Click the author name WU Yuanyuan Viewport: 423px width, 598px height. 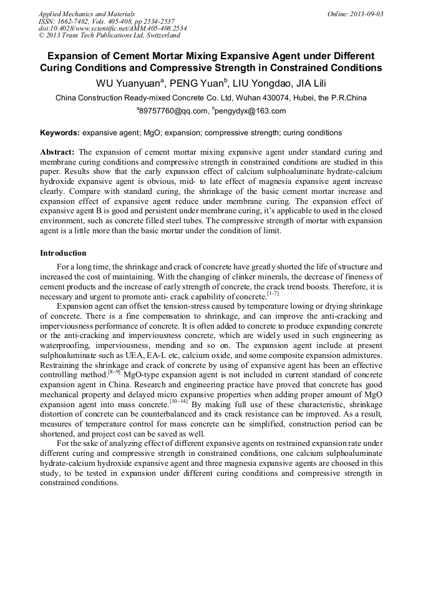coord(129,83)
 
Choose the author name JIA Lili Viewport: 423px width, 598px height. coord(309,83)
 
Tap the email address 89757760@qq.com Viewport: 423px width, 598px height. coord(173,112)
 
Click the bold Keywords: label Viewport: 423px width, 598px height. coord(60,133)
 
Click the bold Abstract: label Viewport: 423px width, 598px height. coord(57,152)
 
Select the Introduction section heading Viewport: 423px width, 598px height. coord(63,253)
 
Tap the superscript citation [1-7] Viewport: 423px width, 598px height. coord(273,294)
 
